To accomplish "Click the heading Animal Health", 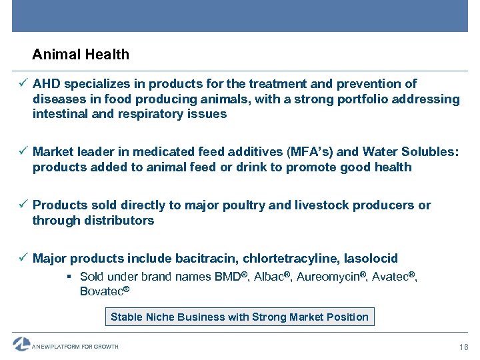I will [x=81, y=55].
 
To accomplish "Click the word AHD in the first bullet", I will [x=45, y=84].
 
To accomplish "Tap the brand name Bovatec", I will [x=101, y=291].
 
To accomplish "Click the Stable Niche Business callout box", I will [x=239, y=317].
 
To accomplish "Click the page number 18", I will [x=464, y=347].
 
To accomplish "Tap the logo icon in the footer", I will [x=21, y=345].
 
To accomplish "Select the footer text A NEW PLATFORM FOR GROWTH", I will [x=75, y=347].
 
